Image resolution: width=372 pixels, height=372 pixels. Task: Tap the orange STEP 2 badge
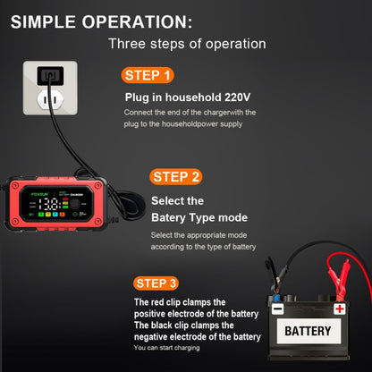[176, 176]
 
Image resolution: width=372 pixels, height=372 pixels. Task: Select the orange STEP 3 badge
[157, 283]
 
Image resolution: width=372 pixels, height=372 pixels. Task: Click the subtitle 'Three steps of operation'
[186, 43]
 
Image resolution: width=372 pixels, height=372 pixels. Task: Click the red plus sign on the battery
[340, 309]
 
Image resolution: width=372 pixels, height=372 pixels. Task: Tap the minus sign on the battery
[278, 309]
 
